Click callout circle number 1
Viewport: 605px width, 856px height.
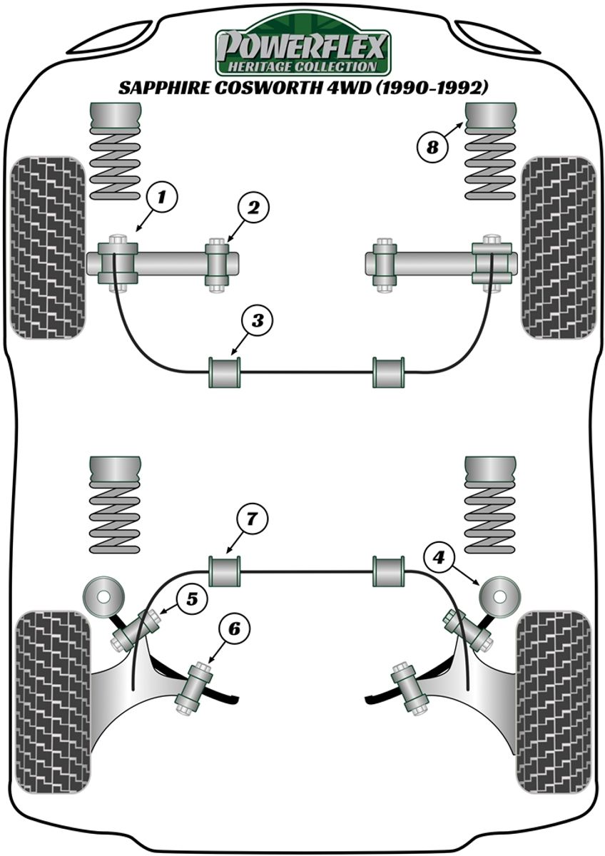point(162,195)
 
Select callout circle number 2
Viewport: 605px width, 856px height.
point(253,208)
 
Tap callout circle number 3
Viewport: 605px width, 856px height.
point(257,320)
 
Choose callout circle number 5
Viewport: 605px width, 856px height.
point(191,599)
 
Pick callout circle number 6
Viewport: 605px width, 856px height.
point(235,628)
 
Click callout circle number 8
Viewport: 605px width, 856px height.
point(432,148)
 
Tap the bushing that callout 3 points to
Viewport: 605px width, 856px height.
point(224,372)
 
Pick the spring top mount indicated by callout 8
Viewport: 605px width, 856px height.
point(490,116)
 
